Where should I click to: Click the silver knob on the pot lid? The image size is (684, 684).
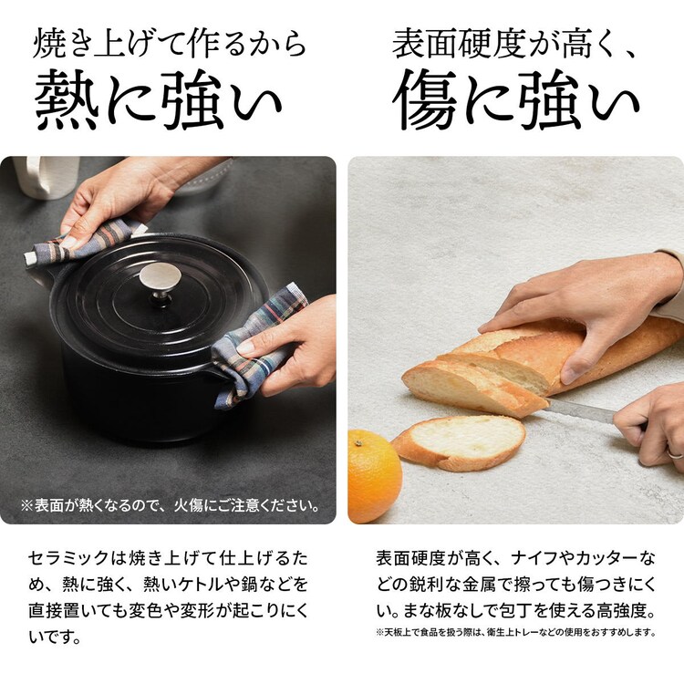[x=159, y=279]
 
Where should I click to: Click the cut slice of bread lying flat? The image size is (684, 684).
[x=461, y=441]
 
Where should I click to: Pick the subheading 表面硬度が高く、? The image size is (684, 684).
[x=516, y=44]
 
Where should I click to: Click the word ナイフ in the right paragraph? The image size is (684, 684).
[x=537, y=556]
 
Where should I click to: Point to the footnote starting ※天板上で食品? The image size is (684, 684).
[x=515, y=631]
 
